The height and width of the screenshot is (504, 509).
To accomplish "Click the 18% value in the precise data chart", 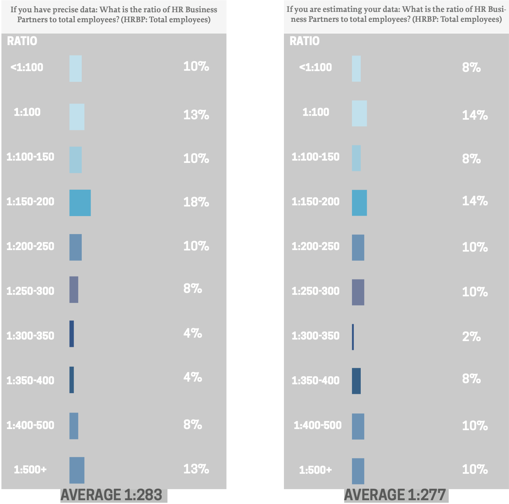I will (x=196, y=202).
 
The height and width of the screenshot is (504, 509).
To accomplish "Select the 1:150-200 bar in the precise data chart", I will (x=80, y=203).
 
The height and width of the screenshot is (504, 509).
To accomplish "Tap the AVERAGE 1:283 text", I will (x=112, y=495).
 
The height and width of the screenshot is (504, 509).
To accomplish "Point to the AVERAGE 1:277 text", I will (x=395, y=495).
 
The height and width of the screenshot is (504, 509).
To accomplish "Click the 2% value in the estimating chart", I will (x=471, y=337).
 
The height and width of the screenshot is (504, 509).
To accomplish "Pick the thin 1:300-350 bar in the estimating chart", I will (x=353, y=337).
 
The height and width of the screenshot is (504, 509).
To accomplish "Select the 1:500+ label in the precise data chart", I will (x=30, y=470).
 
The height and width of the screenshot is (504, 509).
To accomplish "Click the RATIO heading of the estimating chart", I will (x=305, y=41).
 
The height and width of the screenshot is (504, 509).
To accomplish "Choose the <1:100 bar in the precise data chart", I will (x=75, y=68).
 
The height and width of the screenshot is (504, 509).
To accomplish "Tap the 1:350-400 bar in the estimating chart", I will (x=356, y=381).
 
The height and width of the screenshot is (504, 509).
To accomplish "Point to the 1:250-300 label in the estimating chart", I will (x=316, y=291).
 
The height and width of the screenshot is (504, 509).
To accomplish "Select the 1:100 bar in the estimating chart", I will (x=359, y=114).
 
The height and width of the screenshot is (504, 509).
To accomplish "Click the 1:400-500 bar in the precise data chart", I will (x=74, y=426).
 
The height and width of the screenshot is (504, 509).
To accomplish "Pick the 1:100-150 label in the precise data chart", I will (x=30, y=157).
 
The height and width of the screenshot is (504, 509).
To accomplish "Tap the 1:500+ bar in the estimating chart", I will (x=358, y=471).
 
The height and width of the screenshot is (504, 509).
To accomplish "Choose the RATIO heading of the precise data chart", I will (x=22, y=41).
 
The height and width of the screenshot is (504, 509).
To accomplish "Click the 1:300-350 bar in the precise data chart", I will (x=71, y=334).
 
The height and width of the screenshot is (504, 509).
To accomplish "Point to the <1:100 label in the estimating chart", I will (x=316, y=67).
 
